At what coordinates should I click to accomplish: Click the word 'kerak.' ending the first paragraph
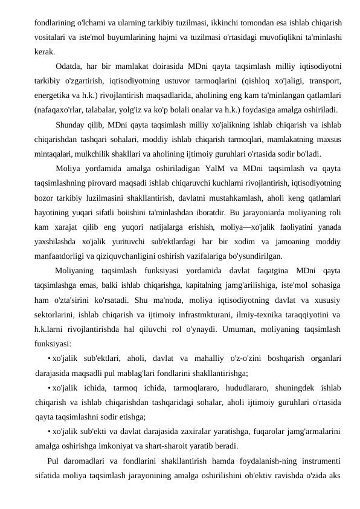pyautogui.click(x=45, y=51)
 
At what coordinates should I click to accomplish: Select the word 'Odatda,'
pyautogui.click(x=69, y=66)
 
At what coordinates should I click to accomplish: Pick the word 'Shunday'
pyautogui.click(x=71, y=125)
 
